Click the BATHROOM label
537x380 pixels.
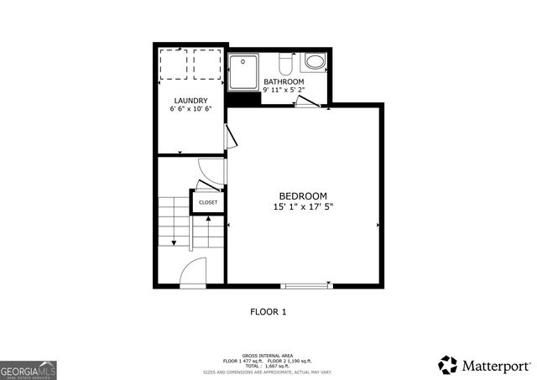tap(283, 81)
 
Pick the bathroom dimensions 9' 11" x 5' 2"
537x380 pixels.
tap(283, 90)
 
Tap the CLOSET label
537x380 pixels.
tap(207, 202)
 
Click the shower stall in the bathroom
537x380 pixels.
tap(244, 72)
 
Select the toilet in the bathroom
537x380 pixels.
tap(284, 63)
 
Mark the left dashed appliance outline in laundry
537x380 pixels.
tap(172, 64)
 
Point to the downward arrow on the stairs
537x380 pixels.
tap(174, 242)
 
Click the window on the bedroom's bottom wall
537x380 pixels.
tap(304, 285)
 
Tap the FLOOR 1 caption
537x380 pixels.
tap(268, 312)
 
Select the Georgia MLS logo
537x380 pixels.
tap(28, 369)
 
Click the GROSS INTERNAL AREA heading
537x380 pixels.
tap(268, 355)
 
